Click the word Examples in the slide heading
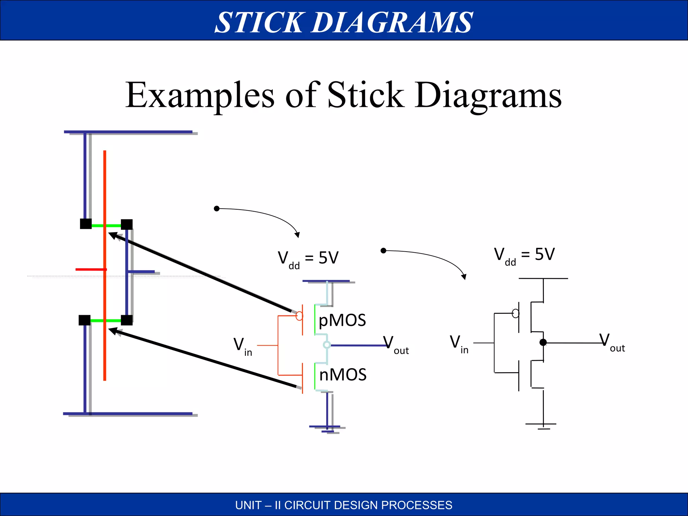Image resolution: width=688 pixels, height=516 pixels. [x=200, y=95]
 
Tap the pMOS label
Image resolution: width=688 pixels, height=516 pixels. [x=342, y=320]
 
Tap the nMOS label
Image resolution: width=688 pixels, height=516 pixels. [x=343, y=375]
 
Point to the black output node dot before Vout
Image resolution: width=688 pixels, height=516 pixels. [x=543, y=343]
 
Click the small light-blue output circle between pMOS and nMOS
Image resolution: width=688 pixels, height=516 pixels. [x=327, y=345]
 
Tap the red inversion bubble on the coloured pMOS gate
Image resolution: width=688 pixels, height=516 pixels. [x=299, y=316]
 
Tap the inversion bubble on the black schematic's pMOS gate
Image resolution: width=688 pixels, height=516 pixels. [x=515, y=313]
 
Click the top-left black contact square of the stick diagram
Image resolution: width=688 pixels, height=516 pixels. [x=86, y=224]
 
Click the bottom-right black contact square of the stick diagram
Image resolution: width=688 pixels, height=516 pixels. [x=127, y=320]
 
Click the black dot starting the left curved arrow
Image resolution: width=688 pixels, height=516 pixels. [x=217, y=209]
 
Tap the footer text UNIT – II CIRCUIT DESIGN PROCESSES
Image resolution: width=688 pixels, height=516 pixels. [x=344, y=505]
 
